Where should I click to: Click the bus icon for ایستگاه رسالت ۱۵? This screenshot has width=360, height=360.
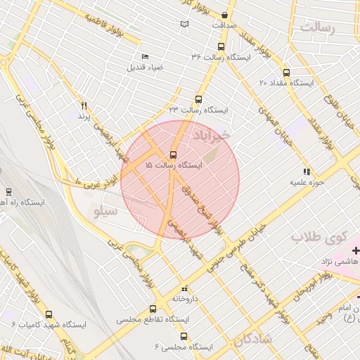pos(174,155)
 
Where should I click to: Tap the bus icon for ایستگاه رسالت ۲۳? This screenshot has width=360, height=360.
pos(198,99)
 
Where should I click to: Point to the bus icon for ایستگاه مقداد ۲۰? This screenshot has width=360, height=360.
pos(285,72)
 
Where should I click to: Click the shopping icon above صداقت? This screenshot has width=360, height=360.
pos(224,15)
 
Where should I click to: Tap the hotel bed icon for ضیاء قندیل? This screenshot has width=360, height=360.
pos(145,56)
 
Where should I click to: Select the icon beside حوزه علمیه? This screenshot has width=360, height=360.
pos(306,171)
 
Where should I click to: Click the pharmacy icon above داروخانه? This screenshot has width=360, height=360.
pos(185,288)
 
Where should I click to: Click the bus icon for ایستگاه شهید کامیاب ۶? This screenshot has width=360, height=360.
pos(49,314)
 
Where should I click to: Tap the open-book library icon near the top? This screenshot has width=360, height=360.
pos(184,25)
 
